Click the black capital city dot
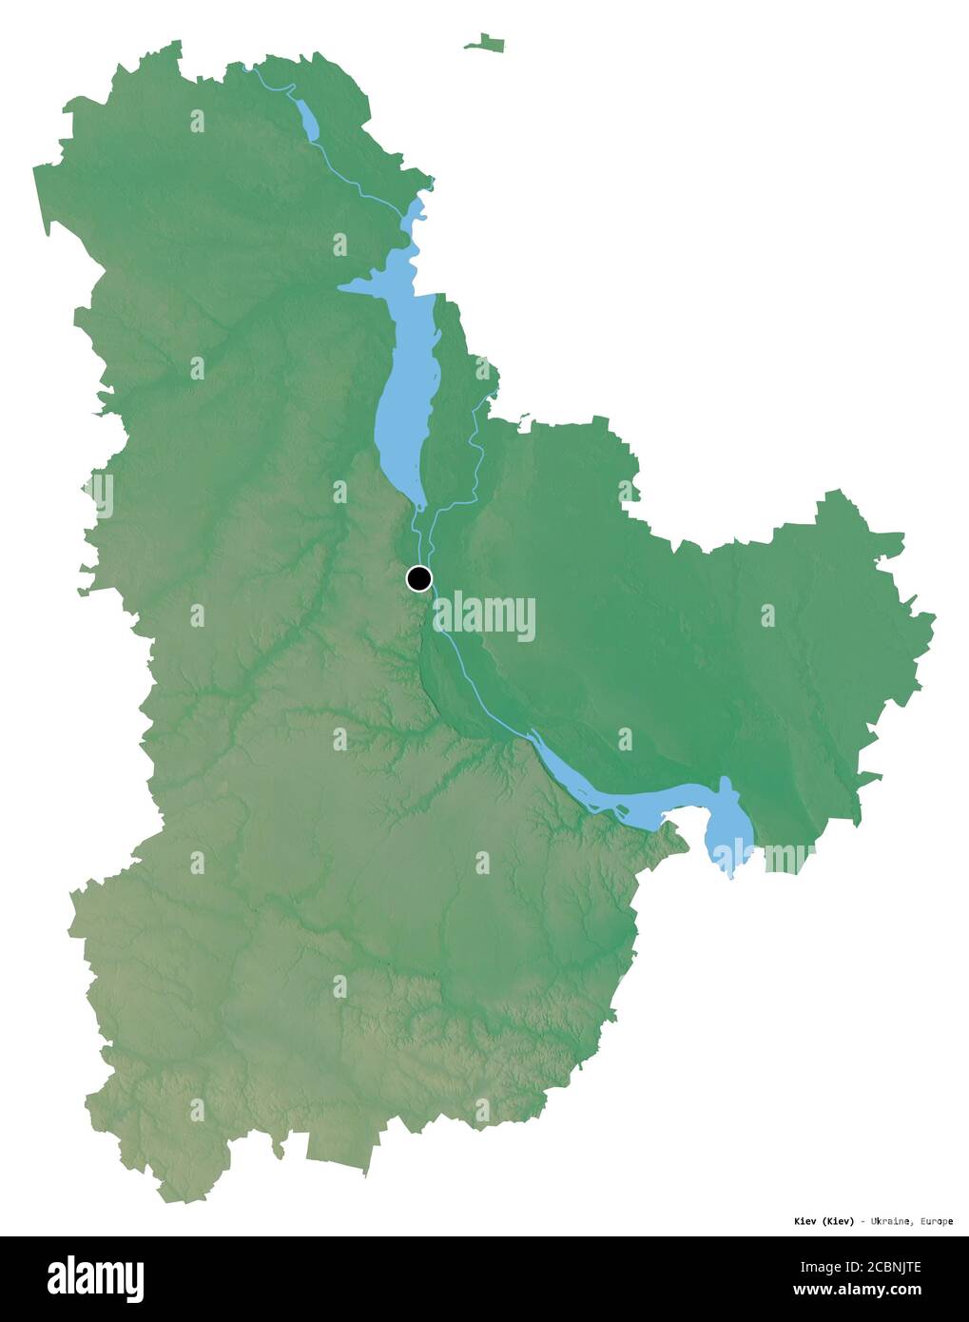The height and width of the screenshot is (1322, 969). [418, 578]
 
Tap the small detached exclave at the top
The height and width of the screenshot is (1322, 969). [485, 43]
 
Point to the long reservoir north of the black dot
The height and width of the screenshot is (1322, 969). [405, 399]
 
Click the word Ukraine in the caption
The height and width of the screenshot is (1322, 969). [892, 1221]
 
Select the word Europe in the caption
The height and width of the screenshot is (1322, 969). [936, 1221]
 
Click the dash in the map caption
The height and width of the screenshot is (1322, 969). [862, 1221]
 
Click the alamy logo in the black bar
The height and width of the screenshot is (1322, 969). [95, 1279]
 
